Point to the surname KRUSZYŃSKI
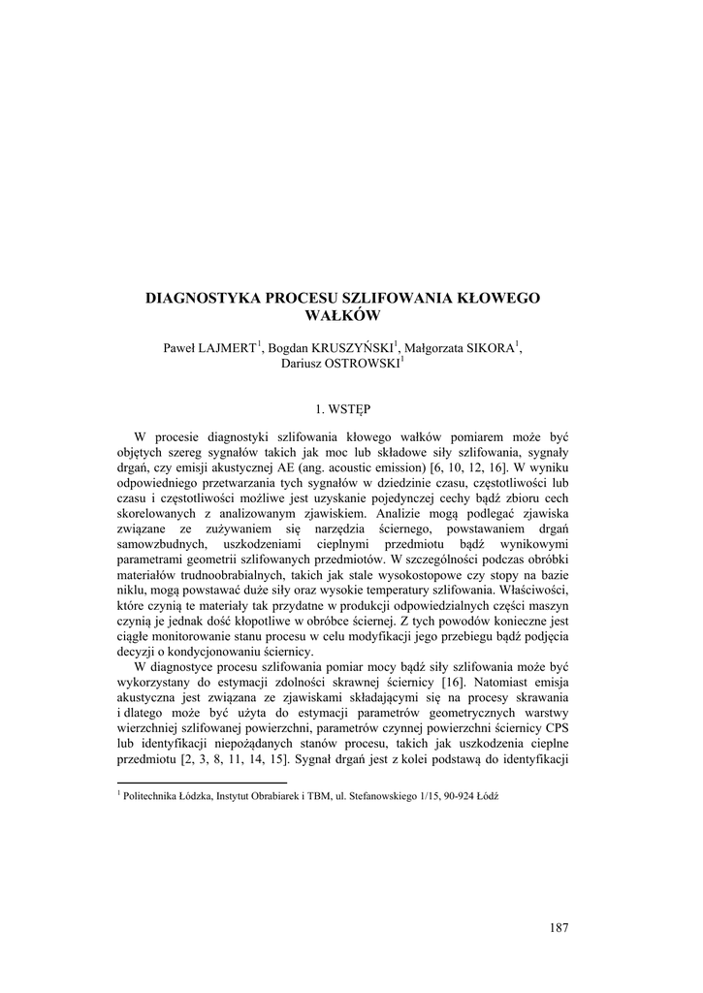click(x=351, y=348)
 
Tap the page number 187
click(x=558, y=928)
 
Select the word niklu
click(x=131, y=590)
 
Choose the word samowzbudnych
click(x=160, y=545)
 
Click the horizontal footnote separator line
click(x=202, y=782)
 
